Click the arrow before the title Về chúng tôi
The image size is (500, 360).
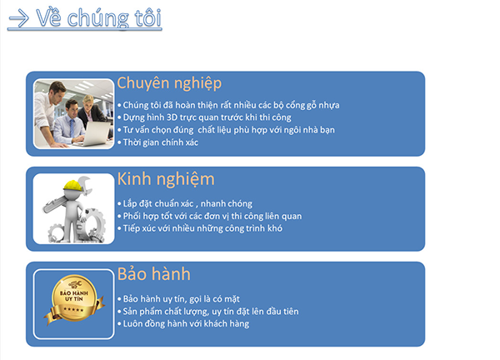[19, 18]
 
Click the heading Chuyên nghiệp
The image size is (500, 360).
[169, 83]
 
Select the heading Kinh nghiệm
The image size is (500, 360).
[166, 179]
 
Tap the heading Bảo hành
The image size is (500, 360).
[153, 274]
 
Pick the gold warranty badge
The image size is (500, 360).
[74, 299]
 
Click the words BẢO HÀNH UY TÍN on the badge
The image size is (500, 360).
[74, 296]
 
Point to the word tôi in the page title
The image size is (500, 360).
[148, 17]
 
